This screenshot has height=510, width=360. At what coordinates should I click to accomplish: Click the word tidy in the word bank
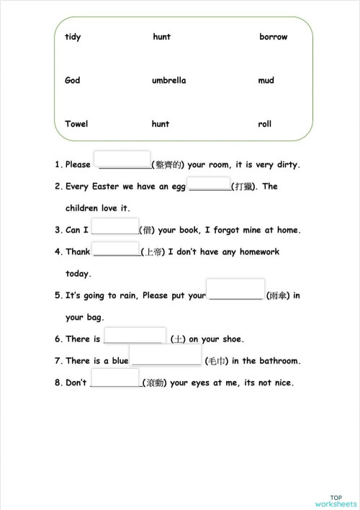73,37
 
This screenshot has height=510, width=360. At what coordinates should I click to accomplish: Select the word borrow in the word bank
274,37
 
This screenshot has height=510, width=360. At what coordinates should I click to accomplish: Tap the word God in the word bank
73,80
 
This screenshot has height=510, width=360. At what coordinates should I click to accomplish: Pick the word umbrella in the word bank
169,80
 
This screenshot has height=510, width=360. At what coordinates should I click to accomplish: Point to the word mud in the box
266,80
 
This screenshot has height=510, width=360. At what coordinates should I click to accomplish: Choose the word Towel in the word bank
76,123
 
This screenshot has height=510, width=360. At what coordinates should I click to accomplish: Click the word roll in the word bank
265,124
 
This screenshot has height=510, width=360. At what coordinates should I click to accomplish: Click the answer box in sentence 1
122,160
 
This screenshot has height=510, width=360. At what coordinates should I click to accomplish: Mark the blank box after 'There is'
134,335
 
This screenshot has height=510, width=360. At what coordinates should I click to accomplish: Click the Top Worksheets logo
336,500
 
